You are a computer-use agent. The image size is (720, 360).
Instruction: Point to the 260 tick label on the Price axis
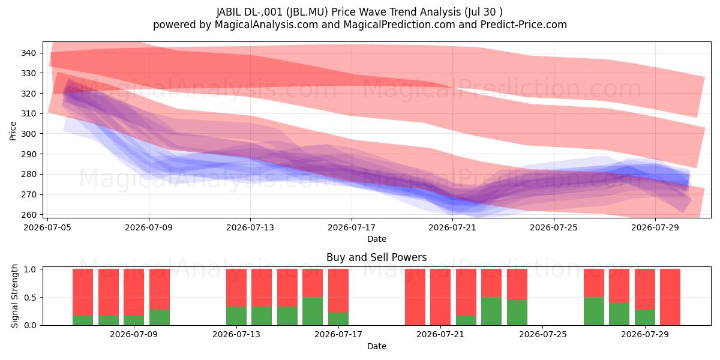coord(28,215)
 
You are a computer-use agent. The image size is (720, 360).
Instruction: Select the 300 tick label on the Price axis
coord(28,134)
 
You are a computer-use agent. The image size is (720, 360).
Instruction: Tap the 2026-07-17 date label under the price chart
coord(352,227)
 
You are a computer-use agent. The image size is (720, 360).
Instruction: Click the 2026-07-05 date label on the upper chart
coord(47,227)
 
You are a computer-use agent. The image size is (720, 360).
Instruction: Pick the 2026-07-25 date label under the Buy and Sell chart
coord(542,334)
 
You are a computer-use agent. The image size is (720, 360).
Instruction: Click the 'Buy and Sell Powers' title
coord(376,257)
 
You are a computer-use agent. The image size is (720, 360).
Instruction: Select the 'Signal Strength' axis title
coord(14,296)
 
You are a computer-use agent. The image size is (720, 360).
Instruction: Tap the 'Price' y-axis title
coord(13,131)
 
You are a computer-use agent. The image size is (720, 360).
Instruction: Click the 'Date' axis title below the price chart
coord(377,239)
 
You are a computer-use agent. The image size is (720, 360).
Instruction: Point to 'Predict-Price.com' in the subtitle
coord(524,25)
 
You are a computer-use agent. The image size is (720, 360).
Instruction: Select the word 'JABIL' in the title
coord(229,12)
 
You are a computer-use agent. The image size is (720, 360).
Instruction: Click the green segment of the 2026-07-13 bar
coord(236,316)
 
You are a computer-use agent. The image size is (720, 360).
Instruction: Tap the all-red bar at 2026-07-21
coord(440,297)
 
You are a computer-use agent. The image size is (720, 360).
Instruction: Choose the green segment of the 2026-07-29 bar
coord(645,317)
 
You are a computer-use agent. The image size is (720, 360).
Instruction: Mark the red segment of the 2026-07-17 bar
coord(338,290)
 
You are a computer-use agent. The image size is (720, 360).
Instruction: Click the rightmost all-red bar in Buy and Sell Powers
coord(670,297)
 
